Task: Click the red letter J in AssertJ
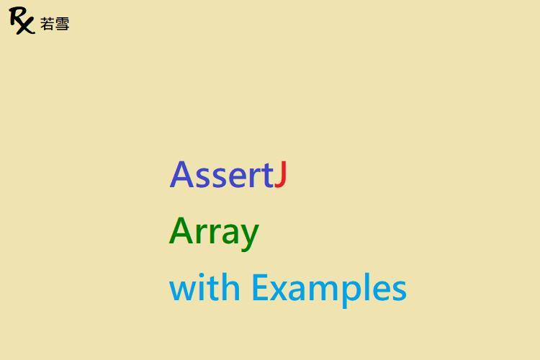click(x=281, y=174)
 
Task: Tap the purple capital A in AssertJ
click(x=181, y=174)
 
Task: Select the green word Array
click(x=214, y=233)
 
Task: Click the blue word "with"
click(x=204, y=287)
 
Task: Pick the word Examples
click(x=330, y=289)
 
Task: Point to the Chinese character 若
click(x=47, y=24)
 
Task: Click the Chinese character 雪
click(x=62, y=24)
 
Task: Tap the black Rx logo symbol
click(x=22, y=20)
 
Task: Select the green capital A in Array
click(x=181, y=230)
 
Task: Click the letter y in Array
click(x=248, y=237)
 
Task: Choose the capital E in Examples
click(x=261, y=287)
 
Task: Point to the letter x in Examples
click(x=279, y=290)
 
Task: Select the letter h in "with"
click(x=231, y=287)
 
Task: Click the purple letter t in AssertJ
click(x=267, y=176)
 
